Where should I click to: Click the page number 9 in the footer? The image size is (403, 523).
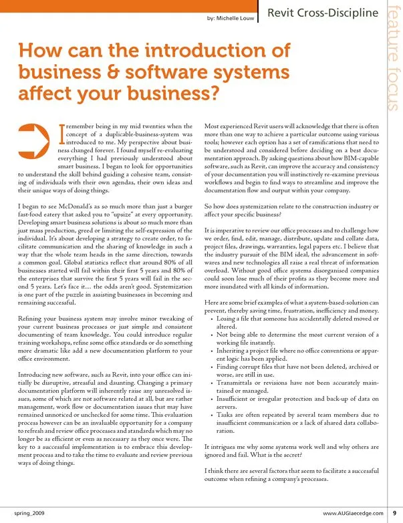coord(394,513)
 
